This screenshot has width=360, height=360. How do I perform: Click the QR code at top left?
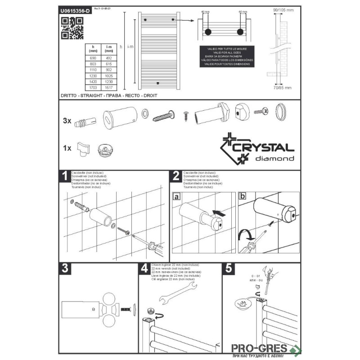(x=72, y=28)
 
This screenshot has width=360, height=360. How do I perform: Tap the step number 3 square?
(x=66, y=269)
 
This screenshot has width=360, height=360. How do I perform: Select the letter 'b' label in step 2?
(x=243, y=197)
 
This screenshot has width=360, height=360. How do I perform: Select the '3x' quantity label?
(x=67, y=121)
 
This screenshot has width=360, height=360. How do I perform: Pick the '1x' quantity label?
(x=67, y=148)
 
